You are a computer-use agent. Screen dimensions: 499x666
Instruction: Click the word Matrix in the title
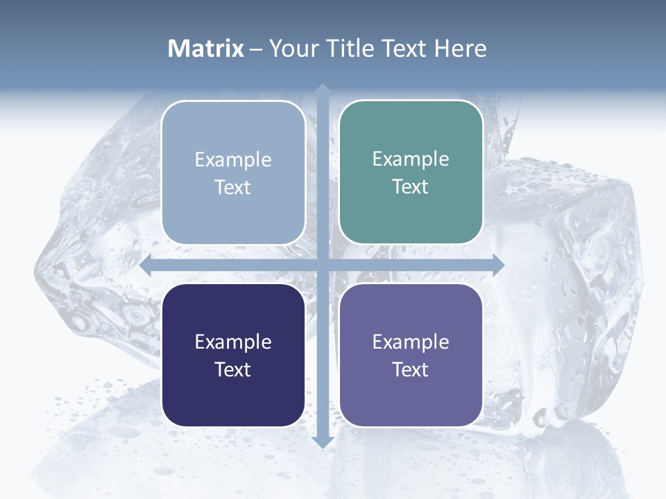click(206, 49)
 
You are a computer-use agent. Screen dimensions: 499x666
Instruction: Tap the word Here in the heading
click(460, 49)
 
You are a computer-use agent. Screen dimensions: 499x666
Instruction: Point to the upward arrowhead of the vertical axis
click(323, 91)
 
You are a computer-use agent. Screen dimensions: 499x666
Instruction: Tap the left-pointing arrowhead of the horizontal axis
click(146, 265)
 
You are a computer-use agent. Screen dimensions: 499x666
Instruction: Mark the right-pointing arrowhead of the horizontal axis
click(497, 265)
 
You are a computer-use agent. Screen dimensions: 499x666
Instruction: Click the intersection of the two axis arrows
click(323, 265)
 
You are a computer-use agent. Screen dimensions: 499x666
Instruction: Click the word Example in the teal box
click(411, 159)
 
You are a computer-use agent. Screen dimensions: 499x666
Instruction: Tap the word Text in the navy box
click(233, 369)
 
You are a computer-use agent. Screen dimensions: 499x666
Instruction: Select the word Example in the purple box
click(411, 342)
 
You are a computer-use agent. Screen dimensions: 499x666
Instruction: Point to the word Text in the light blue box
click(233, 187)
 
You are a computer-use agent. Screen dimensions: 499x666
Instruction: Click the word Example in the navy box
click(233, 342)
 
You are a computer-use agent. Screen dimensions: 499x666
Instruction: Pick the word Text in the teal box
click(411, 186)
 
